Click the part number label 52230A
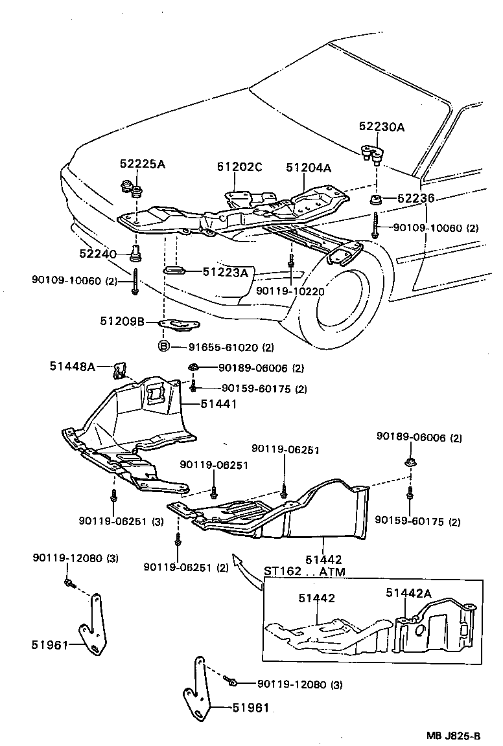382,127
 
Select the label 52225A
142,164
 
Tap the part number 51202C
239,167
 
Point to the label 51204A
309,168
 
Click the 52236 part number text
415,198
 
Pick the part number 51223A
226,273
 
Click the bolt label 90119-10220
290,291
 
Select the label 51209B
122,321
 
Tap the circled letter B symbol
164,346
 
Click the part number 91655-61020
222,346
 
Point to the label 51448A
72,367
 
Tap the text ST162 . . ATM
305,572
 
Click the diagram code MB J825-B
453,736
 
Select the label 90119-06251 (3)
121,521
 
